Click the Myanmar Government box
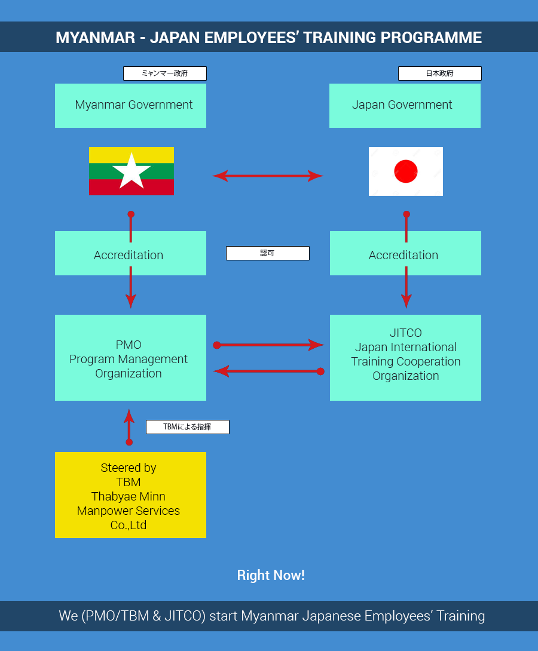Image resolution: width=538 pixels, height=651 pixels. [x=130, y=105]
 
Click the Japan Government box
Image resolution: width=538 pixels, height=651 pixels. [x=405, y=105]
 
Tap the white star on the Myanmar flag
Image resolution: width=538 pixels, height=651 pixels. [x=132, y=171]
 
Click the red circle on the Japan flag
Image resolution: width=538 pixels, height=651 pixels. [x=406, y=171]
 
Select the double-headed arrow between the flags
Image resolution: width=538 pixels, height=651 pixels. [x=268, y=176]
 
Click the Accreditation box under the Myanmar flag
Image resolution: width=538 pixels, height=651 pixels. [x=130, y=253]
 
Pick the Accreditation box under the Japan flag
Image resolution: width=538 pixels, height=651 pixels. [x=405, y=253]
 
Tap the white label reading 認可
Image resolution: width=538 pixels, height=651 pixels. [x=267, y=253]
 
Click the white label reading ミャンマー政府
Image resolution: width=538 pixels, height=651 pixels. [x=164, y=73]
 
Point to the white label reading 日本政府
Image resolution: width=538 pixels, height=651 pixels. [x=439, y=73]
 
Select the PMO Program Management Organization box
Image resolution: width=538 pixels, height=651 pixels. [x=130, y=358]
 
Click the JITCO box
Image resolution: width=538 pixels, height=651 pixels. [x=405, y=358]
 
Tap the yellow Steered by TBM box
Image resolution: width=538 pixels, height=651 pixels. [x=130, y=495]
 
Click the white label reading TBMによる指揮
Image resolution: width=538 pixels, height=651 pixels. [x=187, y=427]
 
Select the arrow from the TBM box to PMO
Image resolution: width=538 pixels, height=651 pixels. [x=129, y=425]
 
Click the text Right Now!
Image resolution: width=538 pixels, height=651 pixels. [x=271, y=575]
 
